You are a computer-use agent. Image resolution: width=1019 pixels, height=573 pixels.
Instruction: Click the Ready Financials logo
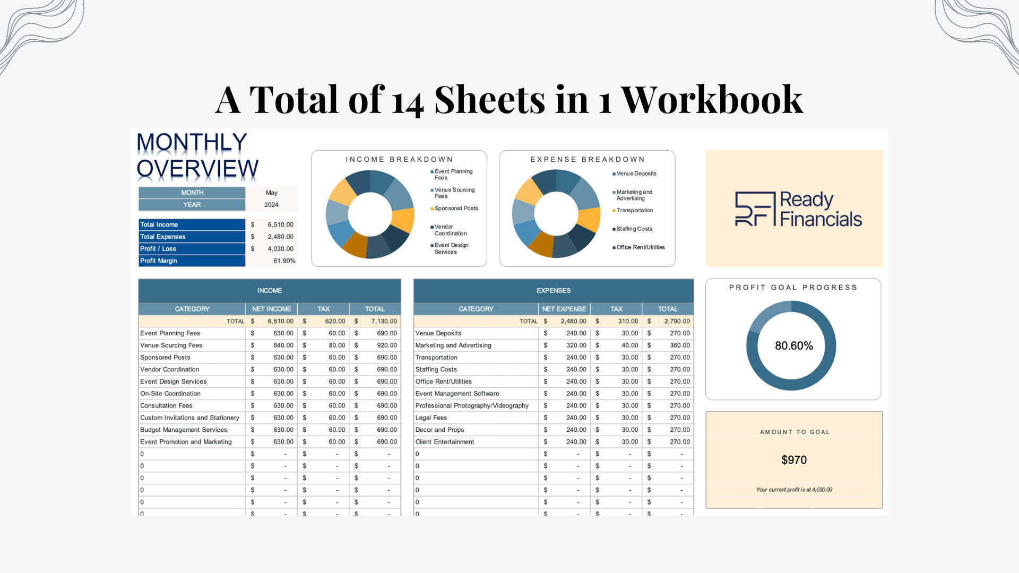click(798, 209)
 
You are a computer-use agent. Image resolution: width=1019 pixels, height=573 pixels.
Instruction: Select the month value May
click(271, 193)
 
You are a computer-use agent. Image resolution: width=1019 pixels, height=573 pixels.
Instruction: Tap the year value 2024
click(271, 205)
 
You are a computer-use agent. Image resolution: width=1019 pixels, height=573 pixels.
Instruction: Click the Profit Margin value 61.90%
click(284, 261)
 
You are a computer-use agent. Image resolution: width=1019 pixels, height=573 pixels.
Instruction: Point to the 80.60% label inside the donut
click(793, 346)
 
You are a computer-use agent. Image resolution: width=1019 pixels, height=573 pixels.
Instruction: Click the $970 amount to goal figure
click(793, 460)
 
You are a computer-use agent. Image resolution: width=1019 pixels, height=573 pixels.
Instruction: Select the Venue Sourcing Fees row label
click(171, 345)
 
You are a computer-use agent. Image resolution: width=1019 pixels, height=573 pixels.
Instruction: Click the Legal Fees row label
click(431, 418)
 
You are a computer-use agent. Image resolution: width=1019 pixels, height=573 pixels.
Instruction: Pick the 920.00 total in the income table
click(386, 345)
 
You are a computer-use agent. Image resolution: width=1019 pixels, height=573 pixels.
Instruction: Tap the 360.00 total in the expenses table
click(679, 345)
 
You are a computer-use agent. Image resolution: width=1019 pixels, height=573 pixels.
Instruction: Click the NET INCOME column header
click(271, 309)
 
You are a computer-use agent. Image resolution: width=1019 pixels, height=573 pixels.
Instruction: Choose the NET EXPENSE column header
click(564, 309)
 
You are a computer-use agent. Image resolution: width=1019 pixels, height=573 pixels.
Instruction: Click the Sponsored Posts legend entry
click(456, 209)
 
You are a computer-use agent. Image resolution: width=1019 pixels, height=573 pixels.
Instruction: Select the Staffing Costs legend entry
click(634, 229)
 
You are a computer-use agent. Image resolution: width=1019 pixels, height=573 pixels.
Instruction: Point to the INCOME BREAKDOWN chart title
click(399, 160)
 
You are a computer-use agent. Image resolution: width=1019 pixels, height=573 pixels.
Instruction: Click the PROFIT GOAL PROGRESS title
click(793, 288)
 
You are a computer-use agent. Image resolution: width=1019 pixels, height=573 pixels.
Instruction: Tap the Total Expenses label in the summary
click(162, 237)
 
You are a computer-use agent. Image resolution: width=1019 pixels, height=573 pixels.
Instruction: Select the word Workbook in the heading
click(711, 100)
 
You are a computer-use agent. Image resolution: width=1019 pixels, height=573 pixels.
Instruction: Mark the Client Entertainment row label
click(444, 442)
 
